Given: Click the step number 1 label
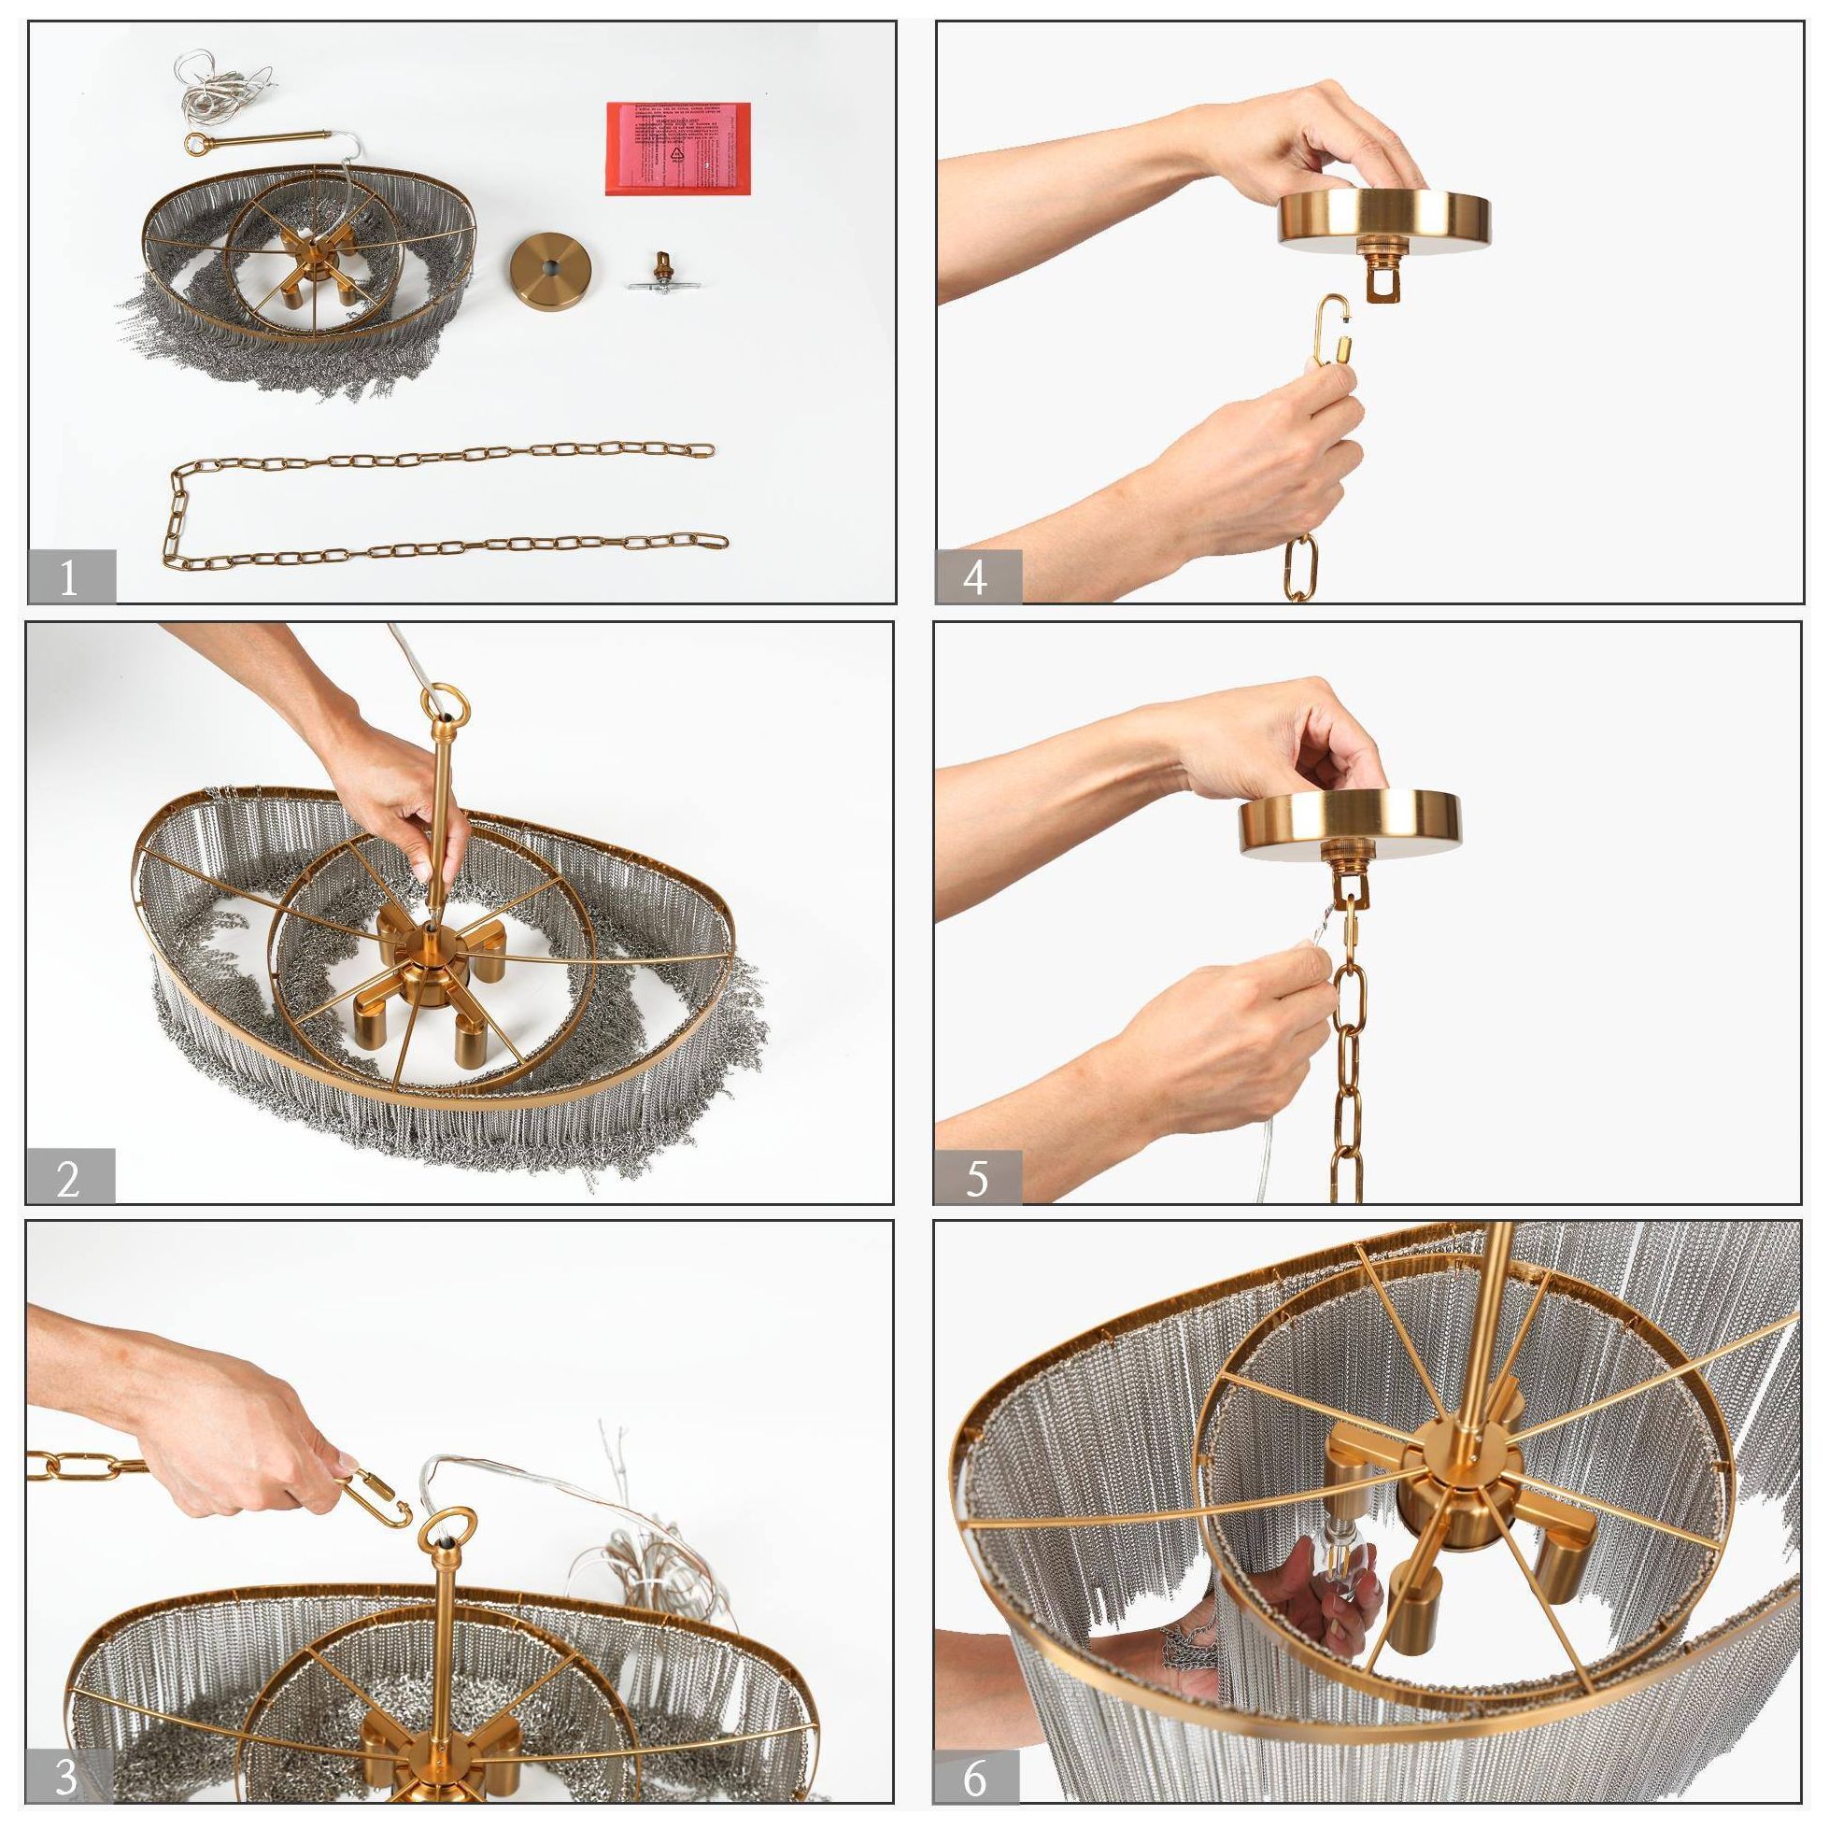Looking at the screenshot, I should [70, 576].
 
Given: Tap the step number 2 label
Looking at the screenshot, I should [69, 1177].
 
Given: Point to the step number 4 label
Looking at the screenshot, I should [978, 576].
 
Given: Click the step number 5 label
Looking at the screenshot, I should [978, 1177].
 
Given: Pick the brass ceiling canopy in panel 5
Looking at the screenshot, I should [1350, 823].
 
